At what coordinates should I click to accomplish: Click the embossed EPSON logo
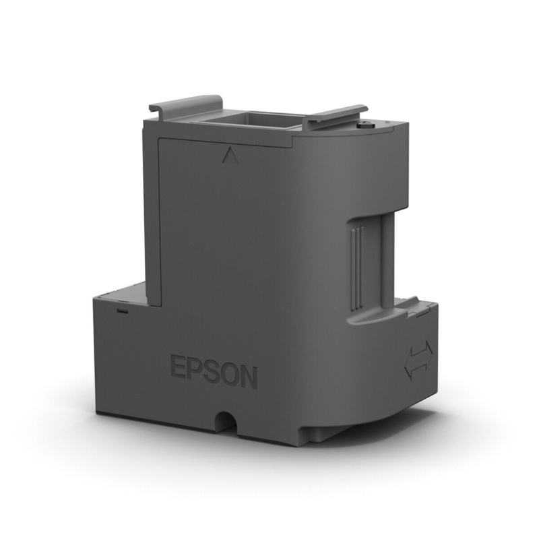(x=214, y=371)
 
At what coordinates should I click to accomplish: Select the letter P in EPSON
(x=194, y=370)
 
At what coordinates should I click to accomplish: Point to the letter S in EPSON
(x=211, y=372)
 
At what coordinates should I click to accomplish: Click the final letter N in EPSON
(x=249, y=377)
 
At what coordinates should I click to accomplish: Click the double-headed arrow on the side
(x=419, y=359)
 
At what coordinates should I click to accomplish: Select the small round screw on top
(x=366, y=125)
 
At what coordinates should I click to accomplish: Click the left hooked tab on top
(x=186, y=103)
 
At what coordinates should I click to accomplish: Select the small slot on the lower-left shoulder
(x=121, y=312)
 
